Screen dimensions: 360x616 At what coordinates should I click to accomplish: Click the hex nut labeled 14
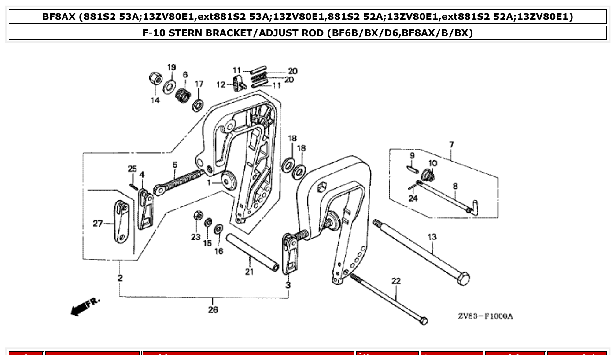pyautogui.click(x=155, y=80)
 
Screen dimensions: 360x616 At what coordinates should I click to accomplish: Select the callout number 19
pyautogui.click(x=171, y=67)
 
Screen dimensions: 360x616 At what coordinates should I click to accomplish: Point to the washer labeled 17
pyautogui.click(x=198, y=105)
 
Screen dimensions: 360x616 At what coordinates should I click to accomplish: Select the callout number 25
pyautogui.click(x=133, y=169)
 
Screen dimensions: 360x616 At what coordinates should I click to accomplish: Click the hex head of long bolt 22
pyautogui.click(x=423, y=320)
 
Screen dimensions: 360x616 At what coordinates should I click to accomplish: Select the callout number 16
pyautogui.click(x=219, y=251)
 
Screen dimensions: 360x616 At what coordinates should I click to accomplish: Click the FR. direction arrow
pyautogui.click(x=82, y=307)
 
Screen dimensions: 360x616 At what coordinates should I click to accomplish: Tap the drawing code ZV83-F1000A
pyautogui.click(x=485, y=316)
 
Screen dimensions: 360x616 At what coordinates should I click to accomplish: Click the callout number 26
pyautogui.click(x=213, y=310)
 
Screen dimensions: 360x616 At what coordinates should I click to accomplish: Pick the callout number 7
pyautogui.click(x=451, y=144)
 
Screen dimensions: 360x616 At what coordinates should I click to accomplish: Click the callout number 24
pyautogui.click(x=413, y=198)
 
